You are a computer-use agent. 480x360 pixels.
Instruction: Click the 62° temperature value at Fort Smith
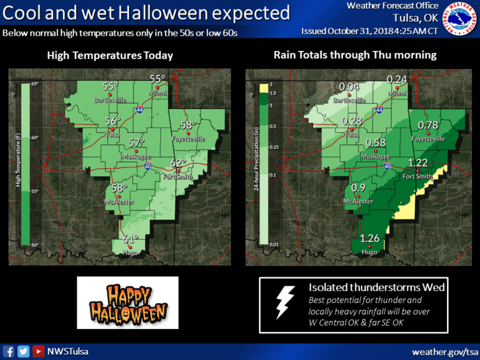178,163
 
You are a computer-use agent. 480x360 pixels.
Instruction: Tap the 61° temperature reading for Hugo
130,240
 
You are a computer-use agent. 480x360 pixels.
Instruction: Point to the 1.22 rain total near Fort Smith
418,163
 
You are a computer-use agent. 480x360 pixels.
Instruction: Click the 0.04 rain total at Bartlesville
348,87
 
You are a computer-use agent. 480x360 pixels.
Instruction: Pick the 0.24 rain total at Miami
397,79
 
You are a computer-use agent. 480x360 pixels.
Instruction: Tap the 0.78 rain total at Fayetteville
428,125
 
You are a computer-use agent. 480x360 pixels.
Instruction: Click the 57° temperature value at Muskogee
136,143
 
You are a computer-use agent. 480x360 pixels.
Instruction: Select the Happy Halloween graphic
128,302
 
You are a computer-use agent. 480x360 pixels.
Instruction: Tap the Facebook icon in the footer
9,351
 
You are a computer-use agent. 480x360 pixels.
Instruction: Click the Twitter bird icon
23,351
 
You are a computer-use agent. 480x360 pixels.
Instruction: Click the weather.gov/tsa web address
444,351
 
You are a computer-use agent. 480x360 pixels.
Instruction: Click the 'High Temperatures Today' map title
110,56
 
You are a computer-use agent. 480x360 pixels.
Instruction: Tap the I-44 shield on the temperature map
140,109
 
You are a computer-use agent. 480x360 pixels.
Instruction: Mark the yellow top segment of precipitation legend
263,87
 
